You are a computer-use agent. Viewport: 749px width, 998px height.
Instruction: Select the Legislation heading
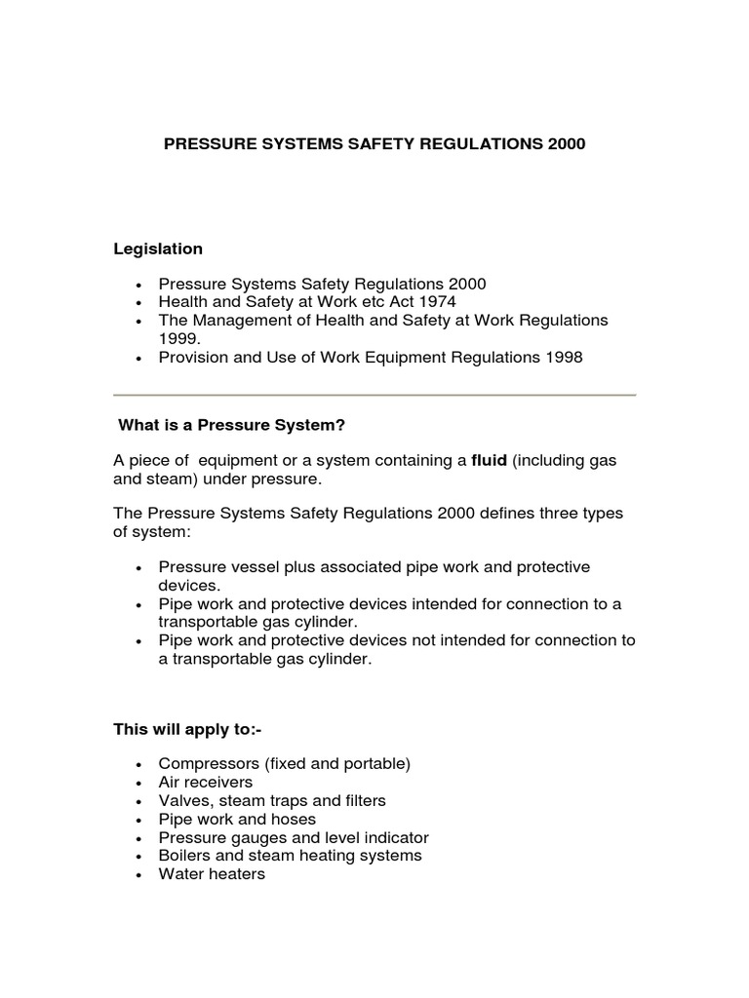click(x=158, y=249)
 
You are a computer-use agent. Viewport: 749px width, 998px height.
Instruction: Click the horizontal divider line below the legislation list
click(x=374, y=395)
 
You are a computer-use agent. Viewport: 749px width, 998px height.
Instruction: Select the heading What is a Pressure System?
click(x=232, y=425)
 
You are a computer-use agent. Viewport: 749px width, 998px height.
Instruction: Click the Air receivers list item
click(x=205, y=783)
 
